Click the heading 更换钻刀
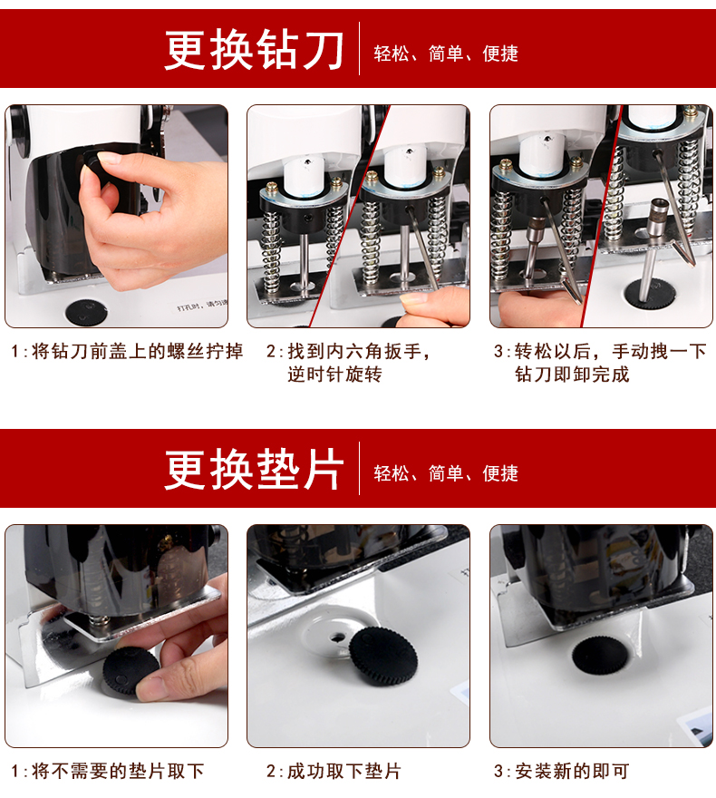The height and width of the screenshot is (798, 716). pos(254,49)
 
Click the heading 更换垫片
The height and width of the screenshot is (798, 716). pos(254,469)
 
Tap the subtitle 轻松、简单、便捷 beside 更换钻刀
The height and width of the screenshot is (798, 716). pos(446,54)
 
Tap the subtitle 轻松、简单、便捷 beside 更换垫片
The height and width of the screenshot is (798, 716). pos(446,473)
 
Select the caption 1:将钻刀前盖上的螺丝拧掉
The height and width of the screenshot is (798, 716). pos(127,351)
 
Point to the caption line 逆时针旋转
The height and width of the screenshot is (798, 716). pos(334,375)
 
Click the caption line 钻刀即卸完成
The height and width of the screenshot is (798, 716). pos(572,375)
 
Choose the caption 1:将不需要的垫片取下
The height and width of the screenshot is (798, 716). pos(108,771)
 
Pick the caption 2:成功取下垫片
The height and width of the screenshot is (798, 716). pos(334,771)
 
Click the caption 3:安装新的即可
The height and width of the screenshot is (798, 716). pos(561,771)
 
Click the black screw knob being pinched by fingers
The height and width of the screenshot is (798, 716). pos(92,161)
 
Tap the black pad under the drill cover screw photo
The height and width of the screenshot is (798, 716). pos(86,311)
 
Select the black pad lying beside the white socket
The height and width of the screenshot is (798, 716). pos(383,657)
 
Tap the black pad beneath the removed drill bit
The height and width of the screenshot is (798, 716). pos(651,294)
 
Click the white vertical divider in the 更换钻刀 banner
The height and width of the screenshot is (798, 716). pos(359,48)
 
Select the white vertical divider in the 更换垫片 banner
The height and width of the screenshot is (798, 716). pos(359,468)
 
